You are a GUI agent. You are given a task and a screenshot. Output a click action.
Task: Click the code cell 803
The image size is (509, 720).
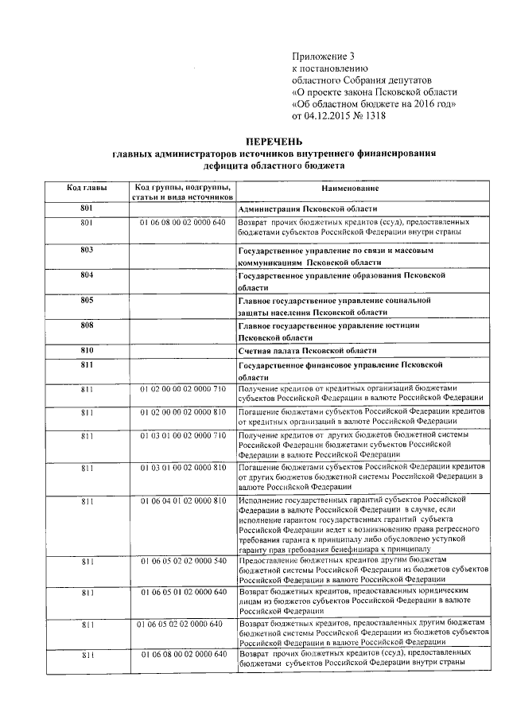click(x=87, y=250)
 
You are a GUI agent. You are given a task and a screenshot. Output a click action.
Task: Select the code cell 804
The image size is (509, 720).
click(x=87, y=274)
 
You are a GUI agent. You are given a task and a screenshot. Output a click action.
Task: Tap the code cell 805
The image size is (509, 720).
click(x=87, y=300)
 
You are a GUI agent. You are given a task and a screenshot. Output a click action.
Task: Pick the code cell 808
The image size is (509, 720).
click(x=87, y=325)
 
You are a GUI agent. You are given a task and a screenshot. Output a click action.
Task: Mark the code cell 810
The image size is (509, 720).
click(x=87, y=350)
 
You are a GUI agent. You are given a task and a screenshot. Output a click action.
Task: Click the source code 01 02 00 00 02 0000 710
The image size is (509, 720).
click(x=183, y=388)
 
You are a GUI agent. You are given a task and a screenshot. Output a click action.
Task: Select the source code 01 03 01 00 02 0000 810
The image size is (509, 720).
click(x=183, y=465)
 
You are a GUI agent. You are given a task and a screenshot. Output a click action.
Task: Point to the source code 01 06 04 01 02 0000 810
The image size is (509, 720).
click(x=183, y=499)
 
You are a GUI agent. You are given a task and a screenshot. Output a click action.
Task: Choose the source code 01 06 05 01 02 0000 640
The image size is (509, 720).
click(x=183, y=593)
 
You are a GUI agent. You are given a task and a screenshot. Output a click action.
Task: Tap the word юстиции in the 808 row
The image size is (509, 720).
click(x=402, y=325)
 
